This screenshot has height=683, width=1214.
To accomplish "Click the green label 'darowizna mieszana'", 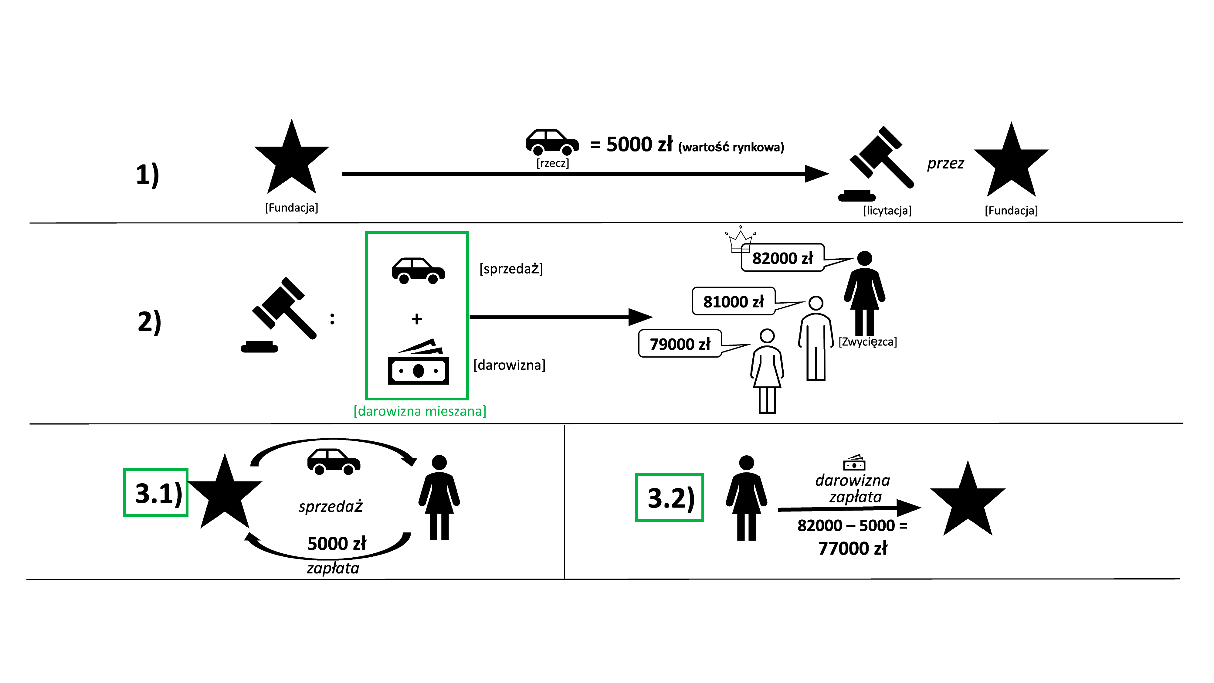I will tap(419, 411).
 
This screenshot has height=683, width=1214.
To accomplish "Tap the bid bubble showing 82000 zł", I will tap(782, 258).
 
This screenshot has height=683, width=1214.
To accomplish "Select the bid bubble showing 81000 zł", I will tap(733, 301).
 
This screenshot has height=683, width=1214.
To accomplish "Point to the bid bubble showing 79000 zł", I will tap(680, 344).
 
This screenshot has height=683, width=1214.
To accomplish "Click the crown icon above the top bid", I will tap(740, 236).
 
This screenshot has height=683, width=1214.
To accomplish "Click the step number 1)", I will tap(148, 175).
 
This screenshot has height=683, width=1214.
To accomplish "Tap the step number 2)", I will tap(149, 322).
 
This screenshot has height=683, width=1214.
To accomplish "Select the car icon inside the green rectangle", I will tap(418, 270).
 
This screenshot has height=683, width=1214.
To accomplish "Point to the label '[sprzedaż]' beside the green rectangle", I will tap(512, 269).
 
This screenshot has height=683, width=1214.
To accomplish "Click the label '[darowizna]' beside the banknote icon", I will tap(510, 365).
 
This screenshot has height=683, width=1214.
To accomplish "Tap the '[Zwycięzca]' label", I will tap(867, 342).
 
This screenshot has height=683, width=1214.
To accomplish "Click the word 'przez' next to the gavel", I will tap(945, 164).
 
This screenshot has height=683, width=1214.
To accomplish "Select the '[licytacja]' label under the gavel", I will tap(887, 210).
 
